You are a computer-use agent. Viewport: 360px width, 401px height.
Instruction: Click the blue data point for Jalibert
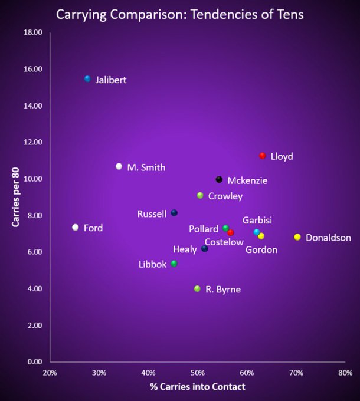point(87,78)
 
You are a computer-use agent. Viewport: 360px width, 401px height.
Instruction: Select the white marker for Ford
point(75,227)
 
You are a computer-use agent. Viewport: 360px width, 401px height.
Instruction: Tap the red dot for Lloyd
point(263,156)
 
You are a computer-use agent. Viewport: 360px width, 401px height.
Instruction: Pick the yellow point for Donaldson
point(297,237)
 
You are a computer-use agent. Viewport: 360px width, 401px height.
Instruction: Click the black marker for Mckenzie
point(219,179)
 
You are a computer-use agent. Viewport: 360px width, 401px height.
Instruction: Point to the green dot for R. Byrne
point(197,288)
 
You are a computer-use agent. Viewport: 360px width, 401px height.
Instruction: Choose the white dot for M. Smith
point(119,167)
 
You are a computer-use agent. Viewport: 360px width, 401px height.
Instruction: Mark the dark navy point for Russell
point(174,213)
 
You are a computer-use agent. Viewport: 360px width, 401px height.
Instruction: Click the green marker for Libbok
point(174,264)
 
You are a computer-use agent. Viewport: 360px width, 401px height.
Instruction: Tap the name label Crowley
point(225,196)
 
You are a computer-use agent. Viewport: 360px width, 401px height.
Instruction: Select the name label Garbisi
point(257,220)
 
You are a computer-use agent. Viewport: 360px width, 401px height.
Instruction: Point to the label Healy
point(185,249)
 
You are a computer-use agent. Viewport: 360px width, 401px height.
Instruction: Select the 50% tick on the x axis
point(197,373)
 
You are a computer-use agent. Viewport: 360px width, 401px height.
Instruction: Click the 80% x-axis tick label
point(345,373)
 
